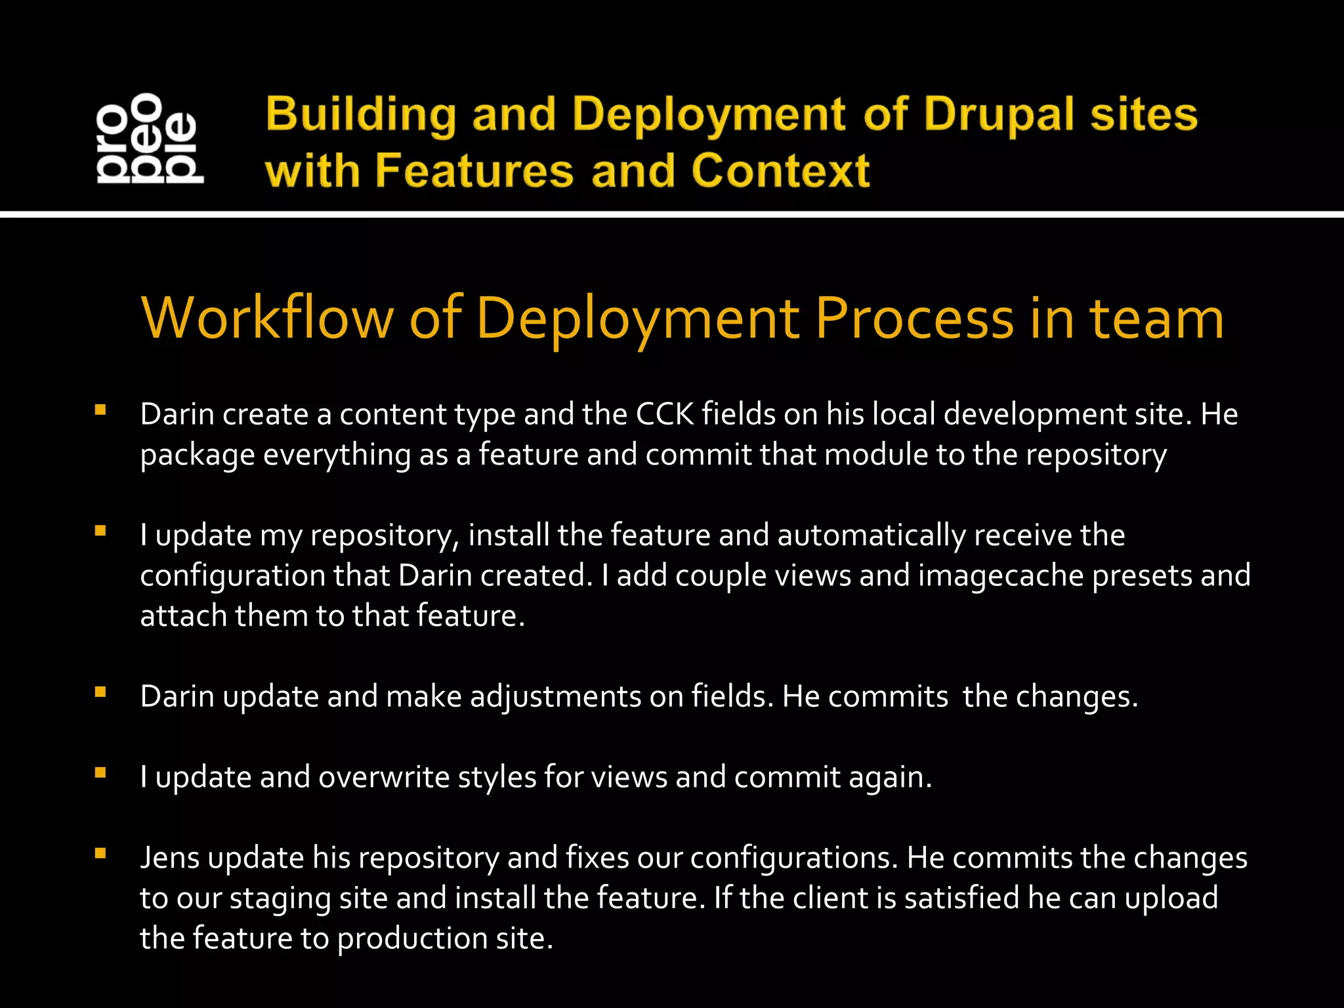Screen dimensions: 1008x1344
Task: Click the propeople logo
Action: coord(150,138)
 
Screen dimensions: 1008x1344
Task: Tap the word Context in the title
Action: coord(780,171)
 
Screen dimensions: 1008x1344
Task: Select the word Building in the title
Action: coord(360,114)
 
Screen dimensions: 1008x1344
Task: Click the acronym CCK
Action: coord(664,415)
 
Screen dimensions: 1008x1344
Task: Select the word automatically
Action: coord(871,535)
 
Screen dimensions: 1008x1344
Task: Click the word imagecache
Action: coord(1000,576)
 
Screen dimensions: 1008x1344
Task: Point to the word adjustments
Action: coord(555,697)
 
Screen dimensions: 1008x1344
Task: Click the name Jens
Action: coord(169,858)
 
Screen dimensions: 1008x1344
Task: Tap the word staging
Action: coord(280,898)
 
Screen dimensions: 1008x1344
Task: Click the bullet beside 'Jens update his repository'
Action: coord(100,854)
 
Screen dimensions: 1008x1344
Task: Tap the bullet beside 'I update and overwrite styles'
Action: coord(100,773)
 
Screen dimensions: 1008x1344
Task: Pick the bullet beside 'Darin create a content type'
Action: coord(100,411)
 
